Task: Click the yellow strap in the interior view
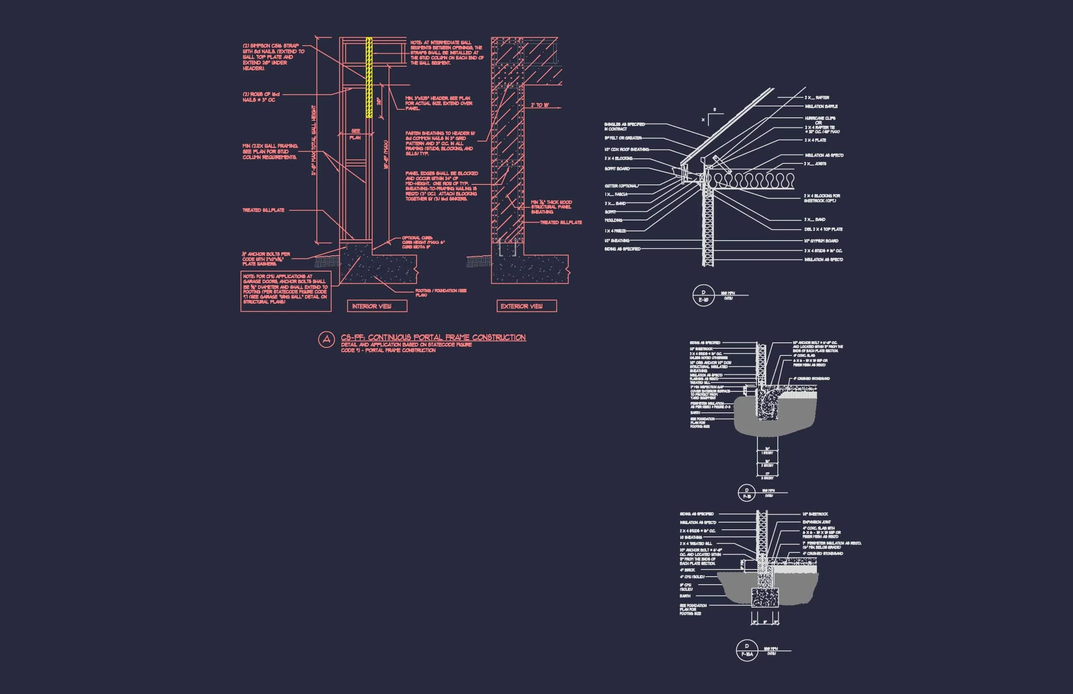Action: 368,78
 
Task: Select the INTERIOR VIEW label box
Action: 377,306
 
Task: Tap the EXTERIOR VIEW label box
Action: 526,306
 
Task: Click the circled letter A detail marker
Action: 326,339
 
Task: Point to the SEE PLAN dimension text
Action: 355,134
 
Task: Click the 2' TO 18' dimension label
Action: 539,105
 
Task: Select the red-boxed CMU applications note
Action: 286,291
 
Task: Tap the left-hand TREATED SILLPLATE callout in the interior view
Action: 264,210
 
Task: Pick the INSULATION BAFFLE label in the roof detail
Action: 821,107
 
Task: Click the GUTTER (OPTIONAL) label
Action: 621,186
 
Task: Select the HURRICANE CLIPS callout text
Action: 820,119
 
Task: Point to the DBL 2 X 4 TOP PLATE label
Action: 823,229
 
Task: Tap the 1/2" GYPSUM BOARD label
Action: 821,241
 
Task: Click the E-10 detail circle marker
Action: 703,295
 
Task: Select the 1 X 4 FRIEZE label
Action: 615,231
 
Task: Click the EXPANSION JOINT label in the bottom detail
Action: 816,522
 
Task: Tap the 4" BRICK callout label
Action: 687,570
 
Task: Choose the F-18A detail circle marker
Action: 747,651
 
